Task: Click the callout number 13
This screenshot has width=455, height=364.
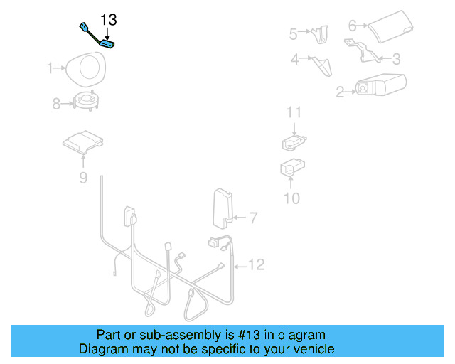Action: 108,19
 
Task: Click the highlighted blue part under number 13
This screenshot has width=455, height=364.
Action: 107,44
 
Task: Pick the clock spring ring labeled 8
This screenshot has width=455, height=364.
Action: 87,102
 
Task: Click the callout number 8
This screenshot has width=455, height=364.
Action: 57,104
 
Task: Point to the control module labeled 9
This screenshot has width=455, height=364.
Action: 83,141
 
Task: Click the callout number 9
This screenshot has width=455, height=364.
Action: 83,178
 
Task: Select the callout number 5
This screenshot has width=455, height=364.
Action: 293,33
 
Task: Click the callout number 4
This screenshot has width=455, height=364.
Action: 294,60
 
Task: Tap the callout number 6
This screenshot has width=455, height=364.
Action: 353,26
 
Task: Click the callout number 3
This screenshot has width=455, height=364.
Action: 396,59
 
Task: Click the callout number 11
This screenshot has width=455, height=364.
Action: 294,112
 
